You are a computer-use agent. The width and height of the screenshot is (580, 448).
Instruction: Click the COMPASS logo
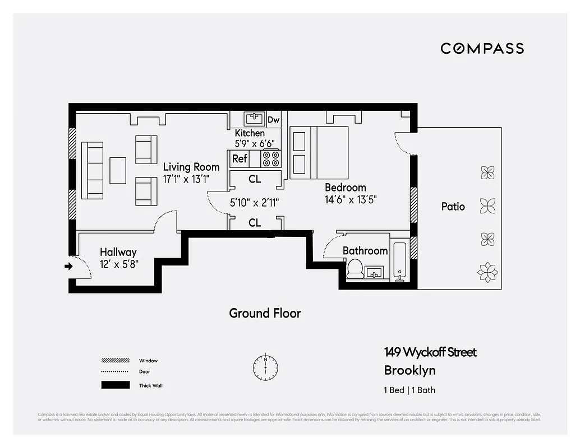[482, 48]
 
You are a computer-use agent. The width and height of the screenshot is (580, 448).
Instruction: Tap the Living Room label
[191, 167]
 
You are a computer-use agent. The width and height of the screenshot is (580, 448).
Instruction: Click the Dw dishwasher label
[273, 120]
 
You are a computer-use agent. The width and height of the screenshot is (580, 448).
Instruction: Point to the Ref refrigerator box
[240, 159]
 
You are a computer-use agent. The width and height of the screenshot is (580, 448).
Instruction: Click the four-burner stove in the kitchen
[271, 159]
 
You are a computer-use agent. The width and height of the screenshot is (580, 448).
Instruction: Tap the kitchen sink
[254, 119]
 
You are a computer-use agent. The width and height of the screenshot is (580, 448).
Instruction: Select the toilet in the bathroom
[355, 269]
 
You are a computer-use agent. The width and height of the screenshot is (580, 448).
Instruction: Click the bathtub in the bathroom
[401, 261]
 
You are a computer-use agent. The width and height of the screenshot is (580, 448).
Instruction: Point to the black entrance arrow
[68, 267]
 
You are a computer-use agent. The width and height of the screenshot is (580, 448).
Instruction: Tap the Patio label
[453, 207]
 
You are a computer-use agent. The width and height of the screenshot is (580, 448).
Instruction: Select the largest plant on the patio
[487, 272]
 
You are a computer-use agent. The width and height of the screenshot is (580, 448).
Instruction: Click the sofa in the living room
[93, 170]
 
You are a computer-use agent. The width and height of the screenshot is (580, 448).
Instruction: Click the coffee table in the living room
[118, 170]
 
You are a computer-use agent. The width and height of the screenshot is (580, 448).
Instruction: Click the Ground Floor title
[265, 313]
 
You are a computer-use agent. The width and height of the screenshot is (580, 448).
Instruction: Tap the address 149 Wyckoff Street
[430, 352]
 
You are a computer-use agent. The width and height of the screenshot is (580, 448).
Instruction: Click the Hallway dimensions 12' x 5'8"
[119, 264]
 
